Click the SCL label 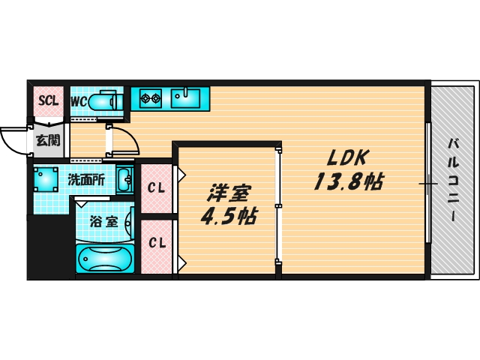48,100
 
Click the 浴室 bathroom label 103,222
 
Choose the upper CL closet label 156,187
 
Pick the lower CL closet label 156,243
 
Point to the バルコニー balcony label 454,179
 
